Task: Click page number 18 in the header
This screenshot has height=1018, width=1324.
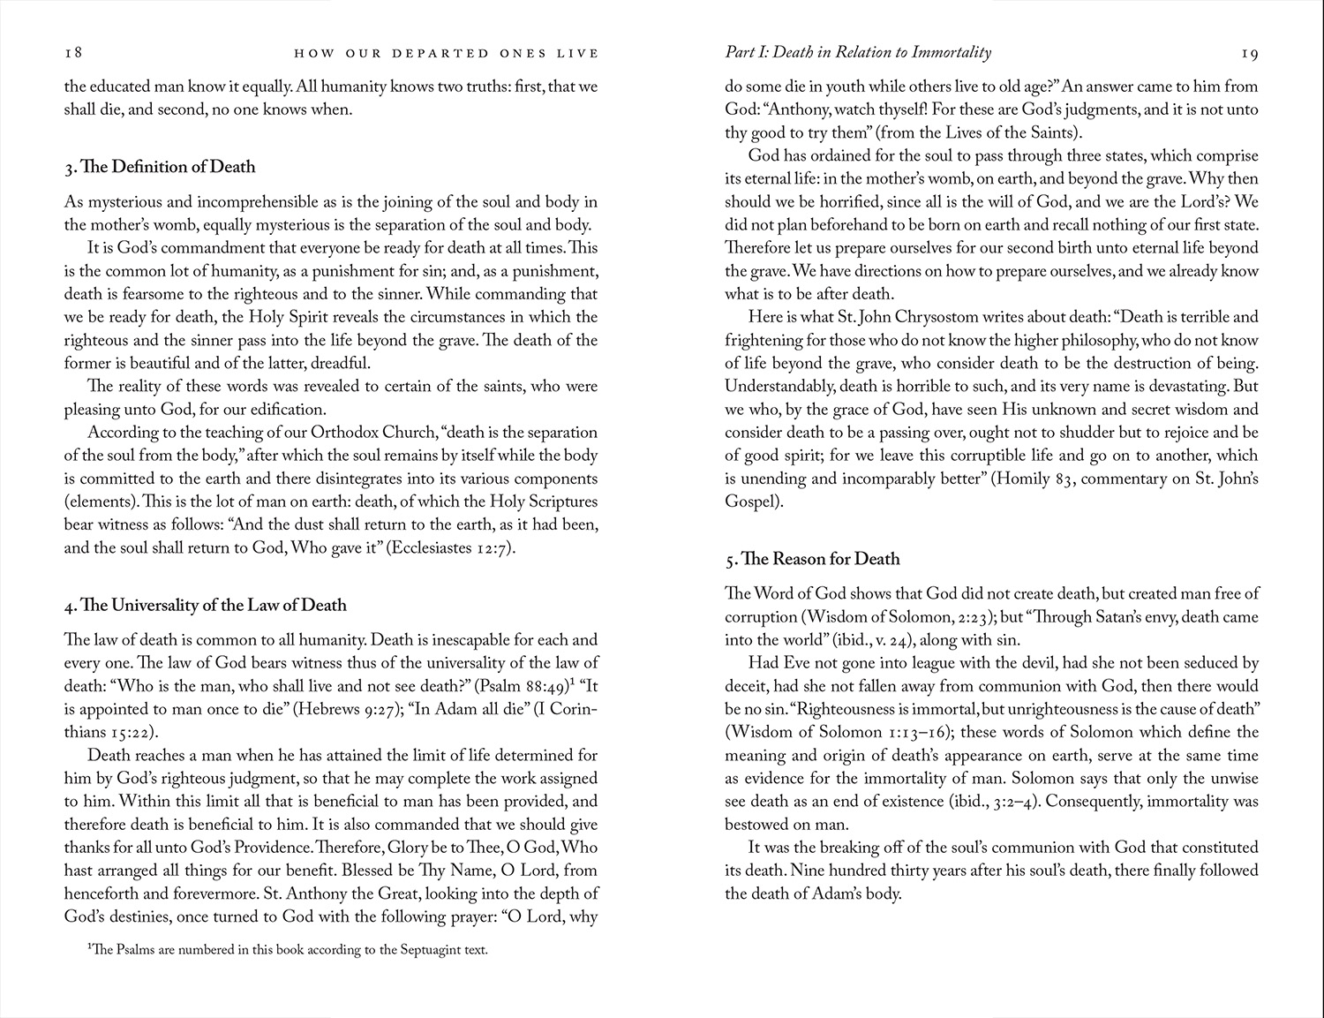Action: [73, 53]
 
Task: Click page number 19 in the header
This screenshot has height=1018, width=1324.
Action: [1250, 54]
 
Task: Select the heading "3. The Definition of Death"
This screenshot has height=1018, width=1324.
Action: [160, 167]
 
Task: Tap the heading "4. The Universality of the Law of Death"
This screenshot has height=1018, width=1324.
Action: [205, 605]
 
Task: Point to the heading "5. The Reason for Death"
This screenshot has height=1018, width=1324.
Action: [812, 559]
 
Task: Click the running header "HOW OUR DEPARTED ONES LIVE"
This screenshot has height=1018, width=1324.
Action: [446, 54]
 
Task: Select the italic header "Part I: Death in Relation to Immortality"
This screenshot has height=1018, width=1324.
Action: [858, 53]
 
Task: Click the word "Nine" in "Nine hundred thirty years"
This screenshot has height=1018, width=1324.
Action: [807, 871]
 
